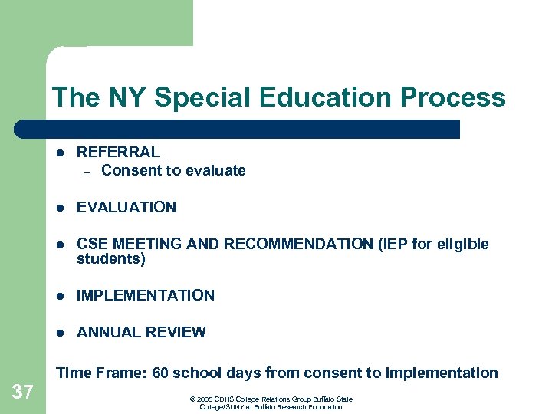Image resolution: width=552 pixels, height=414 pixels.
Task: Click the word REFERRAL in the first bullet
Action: [x=118, y=152]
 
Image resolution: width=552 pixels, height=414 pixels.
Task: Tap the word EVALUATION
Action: [x=127, y=207]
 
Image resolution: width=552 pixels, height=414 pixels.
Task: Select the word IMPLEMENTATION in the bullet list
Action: [x=146, y=295]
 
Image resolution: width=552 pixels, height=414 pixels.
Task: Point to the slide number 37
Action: [x=23, y=393]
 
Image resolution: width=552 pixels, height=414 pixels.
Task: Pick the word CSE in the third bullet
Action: [x=92, y=245]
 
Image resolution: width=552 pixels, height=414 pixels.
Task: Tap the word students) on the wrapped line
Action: [x=111, y=259]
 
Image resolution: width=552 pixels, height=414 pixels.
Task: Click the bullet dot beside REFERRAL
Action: [x=60, y=153]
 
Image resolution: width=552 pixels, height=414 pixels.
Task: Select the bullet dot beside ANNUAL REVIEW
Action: [x=60, y=333]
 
